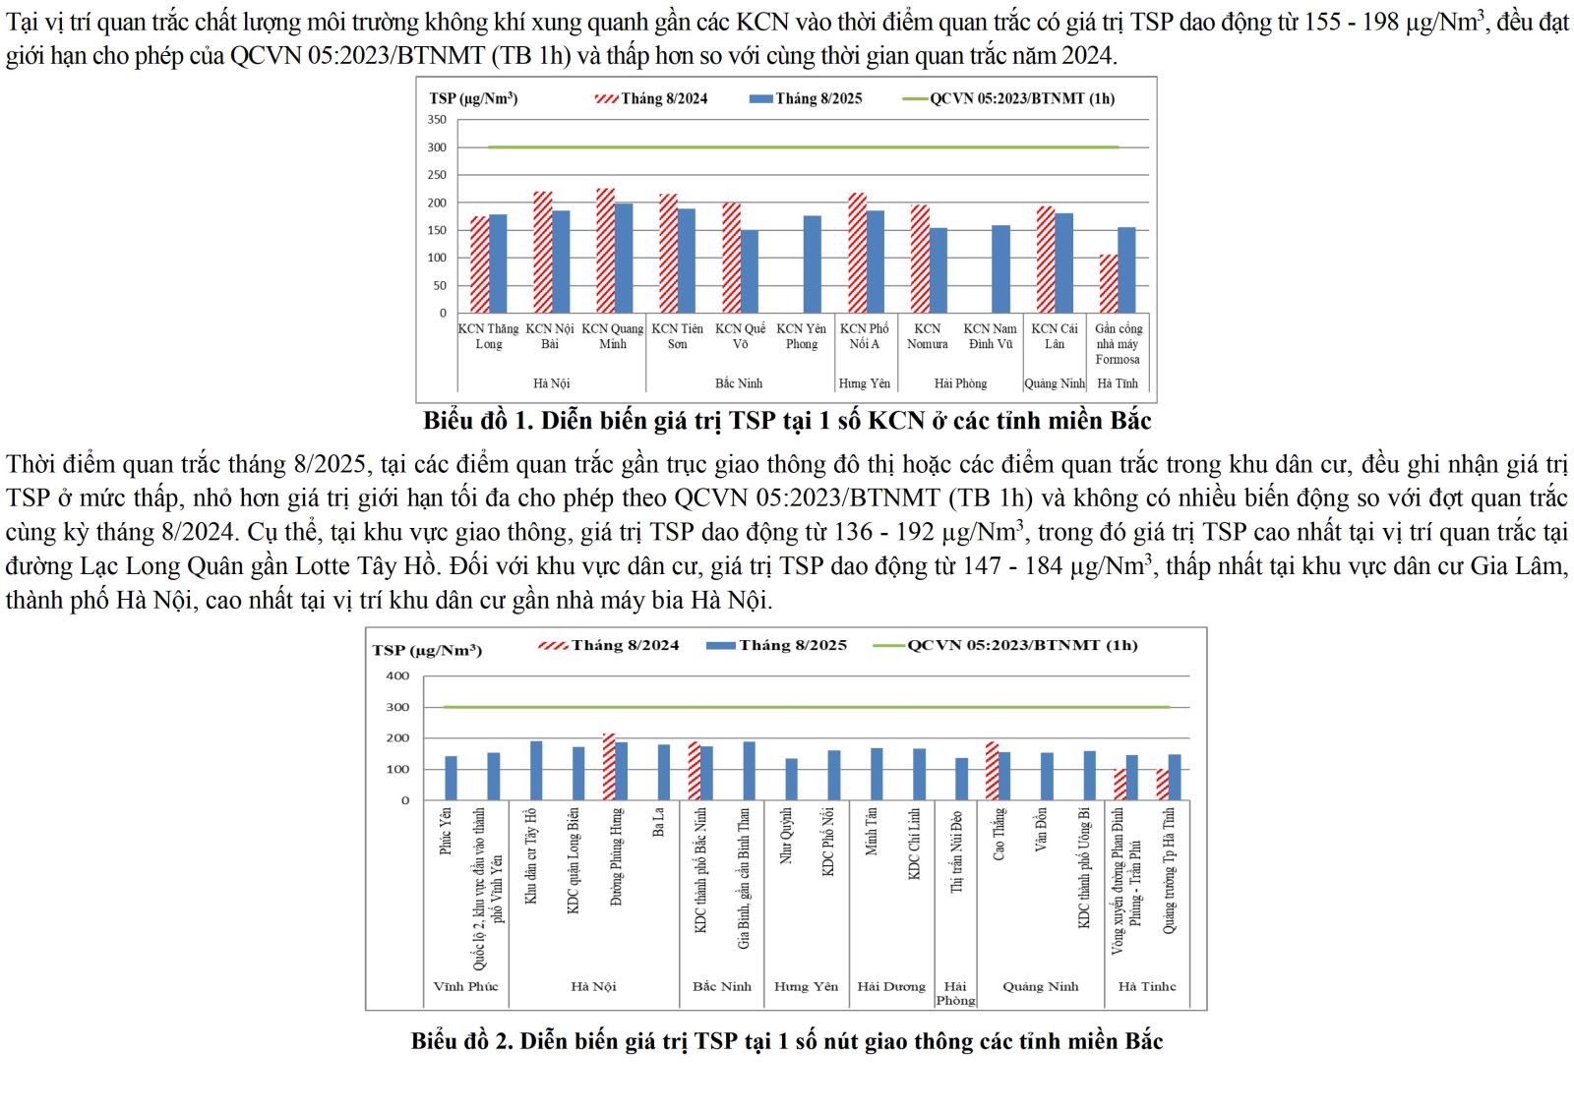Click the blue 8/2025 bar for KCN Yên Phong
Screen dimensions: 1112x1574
click(812, 264)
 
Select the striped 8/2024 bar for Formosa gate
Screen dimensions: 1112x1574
click(1108, 284)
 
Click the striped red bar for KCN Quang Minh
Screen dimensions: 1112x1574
click(605, 251)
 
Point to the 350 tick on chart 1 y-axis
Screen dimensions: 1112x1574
click(437, 120)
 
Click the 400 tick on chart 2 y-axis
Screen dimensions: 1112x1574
click(397, 676)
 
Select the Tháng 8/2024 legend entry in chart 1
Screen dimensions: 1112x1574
click(651, 98)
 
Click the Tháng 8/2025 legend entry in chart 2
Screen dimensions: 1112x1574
click(776, 645)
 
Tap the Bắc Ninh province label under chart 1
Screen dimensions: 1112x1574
click(739, 383)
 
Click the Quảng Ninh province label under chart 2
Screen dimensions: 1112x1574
click(1040, 986)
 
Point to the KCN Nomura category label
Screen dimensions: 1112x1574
click(927, 336)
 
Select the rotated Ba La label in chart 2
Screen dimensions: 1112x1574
click(659, 823)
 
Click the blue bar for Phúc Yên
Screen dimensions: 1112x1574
click(451, 778)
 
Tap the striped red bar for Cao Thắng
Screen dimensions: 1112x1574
click(992, 771)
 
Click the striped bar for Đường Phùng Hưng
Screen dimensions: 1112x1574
click(609, 767)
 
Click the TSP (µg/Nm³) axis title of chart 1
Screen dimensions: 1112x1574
click(473, 98)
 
